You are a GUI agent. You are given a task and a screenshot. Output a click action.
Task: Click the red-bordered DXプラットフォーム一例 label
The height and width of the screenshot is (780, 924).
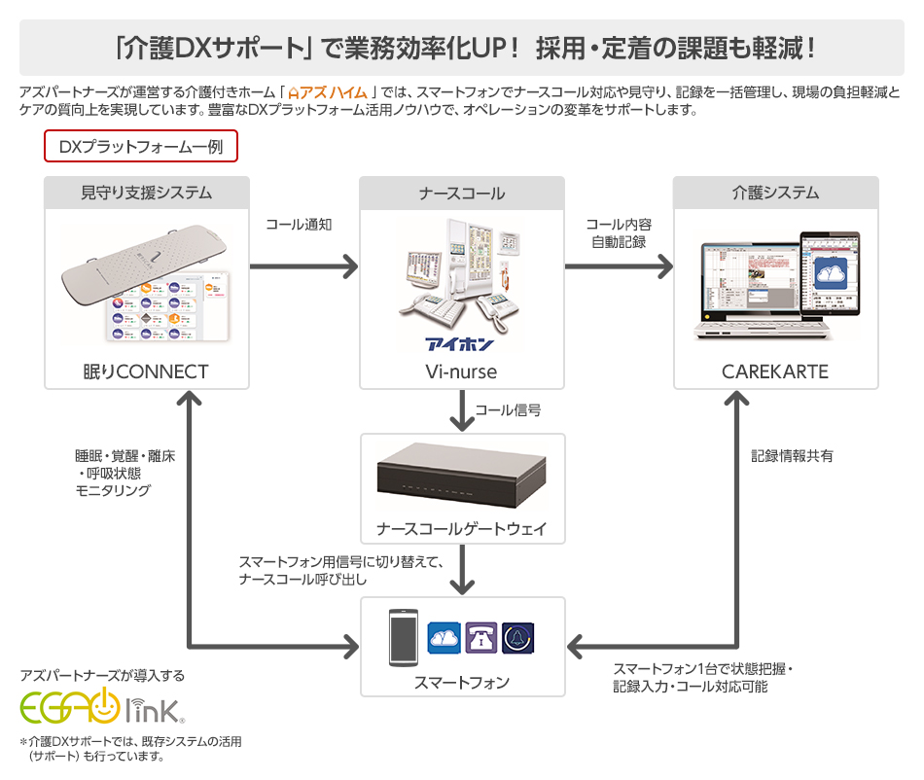click(x=141, y=146)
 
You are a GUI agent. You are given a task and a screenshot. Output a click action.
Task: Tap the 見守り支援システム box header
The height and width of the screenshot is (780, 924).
click(x=147, y=193)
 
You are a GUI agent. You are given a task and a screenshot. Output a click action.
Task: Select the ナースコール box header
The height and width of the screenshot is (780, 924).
click(x=462, y=193)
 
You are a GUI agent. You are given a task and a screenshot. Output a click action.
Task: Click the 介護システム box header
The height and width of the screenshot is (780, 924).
click(x=775, y=193)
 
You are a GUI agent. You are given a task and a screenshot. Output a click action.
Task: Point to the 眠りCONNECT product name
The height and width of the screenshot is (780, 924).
click(x=146, y=372)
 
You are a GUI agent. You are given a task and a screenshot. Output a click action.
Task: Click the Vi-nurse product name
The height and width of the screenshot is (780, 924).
click(x=461, y=372)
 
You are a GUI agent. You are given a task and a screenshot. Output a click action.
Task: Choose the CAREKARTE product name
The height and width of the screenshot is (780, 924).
click(x=775, y=372)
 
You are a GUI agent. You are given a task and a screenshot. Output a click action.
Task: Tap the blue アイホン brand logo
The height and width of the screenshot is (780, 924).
click(x=460, y=344)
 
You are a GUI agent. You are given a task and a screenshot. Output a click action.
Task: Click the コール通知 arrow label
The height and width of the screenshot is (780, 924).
click(x=299, y=225)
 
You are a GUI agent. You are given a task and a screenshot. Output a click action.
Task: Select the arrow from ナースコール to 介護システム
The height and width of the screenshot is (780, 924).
click(x=619, y=266)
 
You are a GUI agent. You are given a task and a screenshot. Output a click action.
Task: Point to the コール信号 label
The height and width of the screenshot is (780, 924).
click(x=508, y=410)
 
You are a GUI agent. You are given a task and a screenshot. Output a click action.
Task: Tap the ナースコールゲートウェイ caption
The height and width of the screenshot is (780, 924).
click(x=462, y=528)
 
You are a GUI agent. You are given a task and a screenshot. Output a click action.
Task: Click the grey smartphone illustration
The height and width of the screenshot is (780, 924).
click(x=404, y=638)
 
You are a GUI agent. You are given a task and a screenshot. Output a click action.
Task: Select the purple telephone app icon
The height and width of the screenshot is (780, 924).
click(x=480, y=637)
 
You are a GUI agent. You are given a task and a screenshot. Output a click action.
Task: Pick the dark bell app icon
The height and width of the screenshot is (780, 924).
click(x=518, y=638)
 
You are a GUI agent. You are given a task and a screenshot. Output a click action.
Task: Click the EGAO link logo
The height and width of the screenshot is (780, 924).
click(x=102, y=706)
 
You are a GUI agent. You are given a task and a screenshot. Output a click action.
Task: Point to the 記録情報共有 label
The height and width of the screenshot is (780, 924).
click(x=792, y=456)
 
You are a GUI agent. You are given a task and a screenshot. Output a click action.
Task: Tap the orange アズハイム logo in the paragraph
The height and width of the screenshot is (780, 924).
click(x=328, y=93)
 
